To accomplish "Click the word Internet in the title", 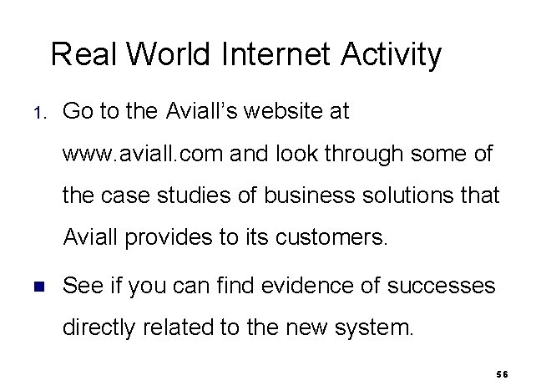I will [277, 55].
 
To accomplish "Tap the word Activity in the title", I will [391, 55].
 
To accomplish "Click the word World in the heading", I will [171, 55].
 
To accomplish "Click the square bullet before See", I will [38, 287].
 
